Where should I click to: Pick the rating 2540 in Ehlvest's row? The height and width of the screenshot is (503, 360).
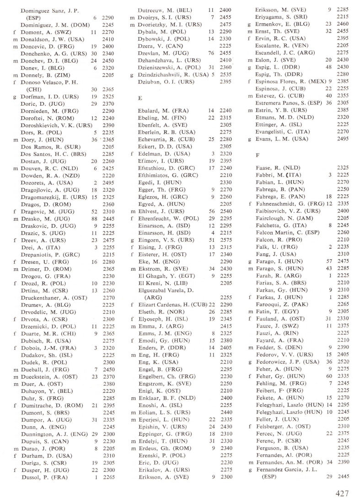(x=224, y=225)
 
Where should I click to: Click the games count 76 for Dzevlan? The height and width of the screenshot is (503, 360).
(x=210, y=53)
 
